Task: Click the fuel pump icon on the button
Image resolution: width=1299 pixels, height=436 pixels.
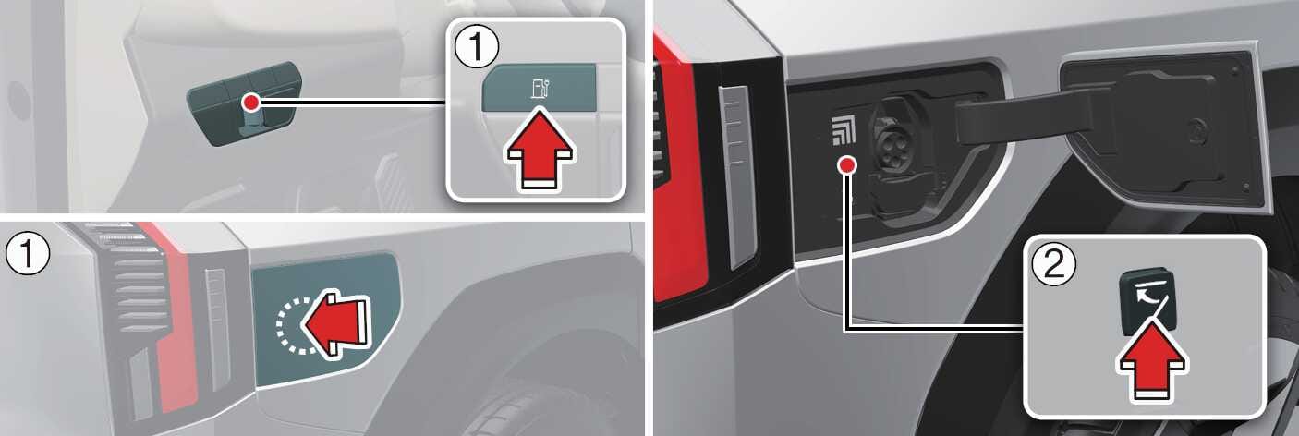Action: (540, 89)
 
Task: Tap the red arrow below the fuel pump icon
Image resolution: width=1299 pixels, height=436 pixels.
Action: (540, 149)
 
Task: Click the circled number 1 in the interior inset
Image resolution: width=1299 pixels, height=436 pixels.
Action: (476, 47)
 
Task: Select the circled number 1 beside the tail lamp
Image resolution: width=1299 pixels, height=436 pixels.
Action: (28, 255)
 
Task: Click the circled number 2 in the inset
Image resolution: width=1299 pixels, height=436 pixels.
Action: (1053, 265)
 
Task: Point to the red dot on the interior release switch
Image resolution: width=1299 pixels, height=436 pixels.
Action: (251, 103)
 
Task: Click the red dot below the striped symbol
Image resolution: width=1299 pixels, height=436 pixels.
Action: (847, 166)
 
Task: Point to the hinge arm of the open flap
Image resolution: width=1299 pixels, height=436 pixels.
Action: (1021, 120)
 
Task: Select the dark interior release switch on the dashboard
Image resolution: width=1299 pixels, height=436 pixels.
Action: (245, 103)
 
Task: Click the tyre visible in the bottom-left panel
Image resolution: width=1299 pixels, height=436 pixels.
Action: (522, 400)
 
